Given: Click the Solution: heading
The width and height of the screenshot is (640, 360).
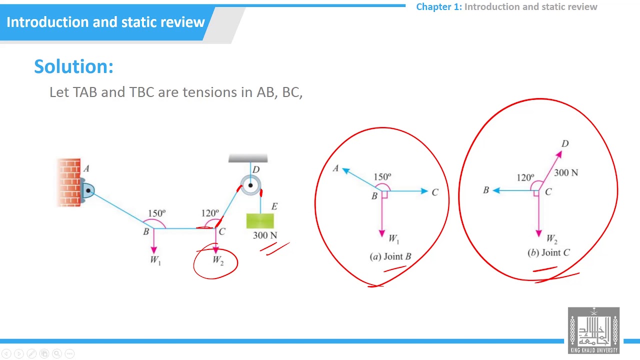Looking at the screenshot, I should point(73,66).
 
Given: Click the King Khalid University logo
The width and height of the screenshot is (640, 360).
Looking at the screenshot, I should point(593,330).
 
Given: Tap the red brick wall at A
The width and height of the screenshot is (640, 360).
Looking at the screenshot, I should point(68,182).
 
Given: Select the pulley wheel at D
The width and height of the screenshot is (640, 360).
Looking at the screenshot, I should point(250,185).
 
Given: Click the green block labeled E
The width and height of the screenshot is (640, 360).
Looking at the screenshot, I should point(260,221).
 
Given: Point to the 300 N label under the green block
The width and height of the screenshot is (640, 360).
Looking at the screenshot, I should point(265,235).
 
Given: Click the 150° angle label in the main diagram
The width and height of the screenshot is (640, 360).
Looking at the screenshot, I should point(157,213).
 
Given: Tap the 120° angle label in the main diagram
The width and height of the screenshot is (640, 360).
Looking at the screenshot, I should point(210,213).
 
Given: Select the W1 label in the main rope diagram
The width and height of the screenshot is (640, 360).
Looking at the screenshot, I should point(155,260).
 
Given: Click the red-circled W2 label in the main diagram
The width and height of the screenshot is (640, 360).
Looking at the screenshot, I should point(218,260).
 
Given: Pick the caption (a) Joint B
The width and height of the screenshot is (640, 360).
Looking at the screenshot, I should point(390,256).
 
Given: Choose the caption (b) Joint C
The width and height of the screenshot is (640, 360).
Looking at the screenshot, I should point(548,253).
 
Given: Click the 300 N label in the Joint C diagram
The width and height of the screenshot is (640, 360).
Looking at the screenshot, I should point(566,172).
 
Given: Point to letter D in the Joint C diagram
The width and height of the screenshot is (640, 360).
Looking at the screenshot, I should point(565,144).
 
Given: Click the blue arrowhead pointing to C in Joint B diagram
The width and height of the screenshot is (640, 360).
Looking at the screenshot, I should point(424,191).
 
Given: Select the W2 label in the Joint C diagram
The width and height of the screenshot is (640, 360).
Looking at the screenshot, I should point(552,239).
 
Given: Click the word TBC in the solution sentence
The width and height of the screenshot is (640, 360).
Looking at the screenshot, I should point(141,92).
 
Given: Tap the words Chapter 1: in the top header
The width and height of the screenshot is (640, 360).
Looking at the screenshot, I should point(439,7).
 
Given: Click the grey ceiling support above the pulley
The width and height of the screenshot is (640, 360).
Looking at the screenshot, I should point(248,159).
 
